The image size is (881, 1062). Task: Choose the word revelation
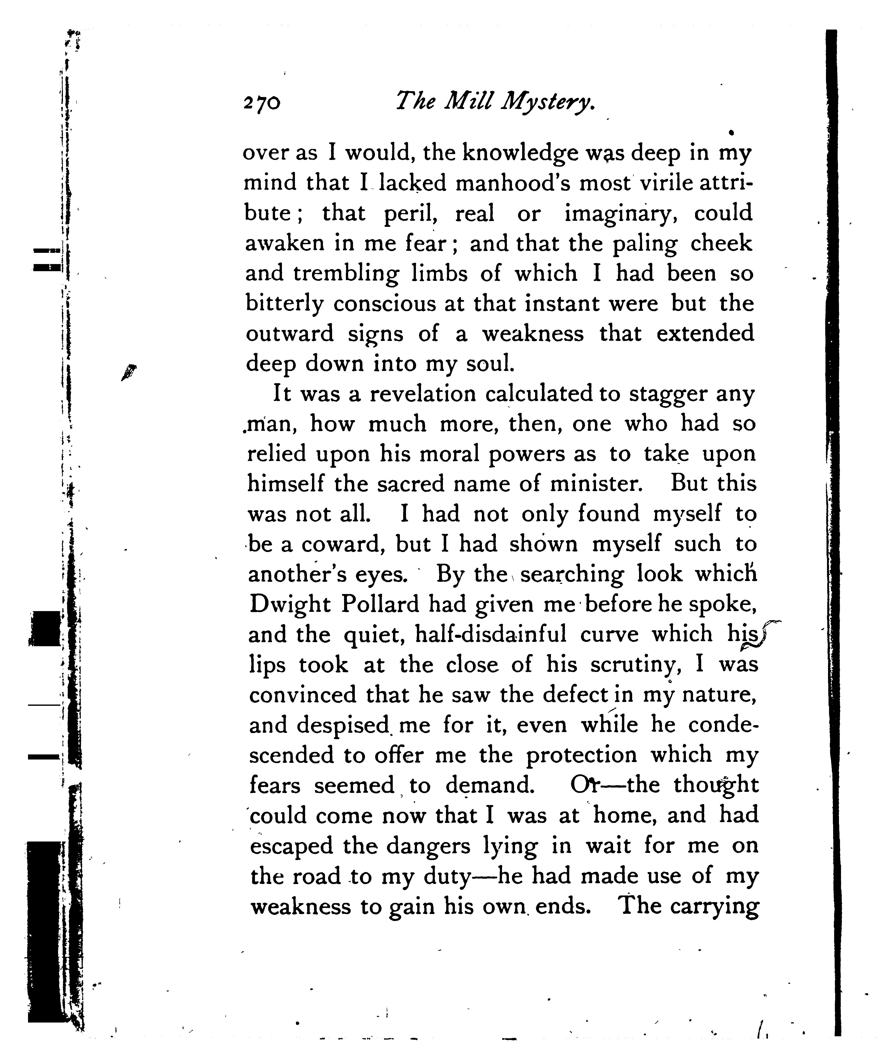[423, 394]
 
